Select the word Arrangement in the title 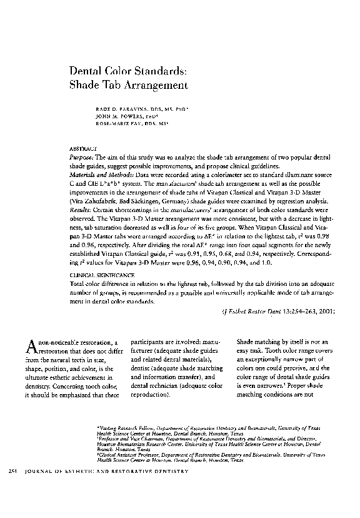pyautogui.click(x=154, y=84)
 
